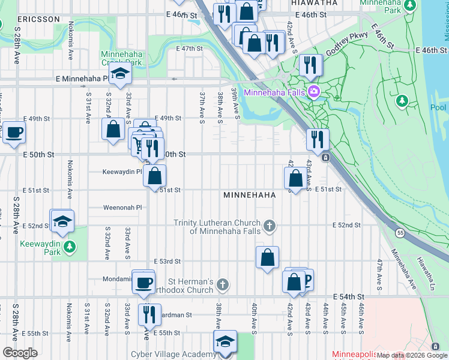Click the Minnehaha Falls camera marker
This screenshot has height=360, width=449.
click(313, 92)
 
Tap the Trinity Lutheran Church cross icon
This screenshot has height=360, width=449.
click(270, 226)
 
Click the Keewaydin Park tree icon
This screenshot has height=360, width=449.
click(70, 246)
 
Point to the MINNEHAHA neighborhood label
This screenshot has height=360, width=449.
click(249, 196)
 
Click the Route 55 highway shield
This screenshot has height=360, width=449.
click(399, 232)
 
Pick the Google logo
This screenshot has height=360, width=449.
click(20, 353)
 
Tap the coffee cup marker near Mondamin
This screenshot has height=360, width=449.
click(143, 282)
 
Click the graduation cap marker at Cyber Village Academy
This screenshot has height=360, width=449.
click(225, 343)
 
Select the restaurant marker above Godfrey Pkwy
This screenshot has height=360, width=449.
click(310, 65)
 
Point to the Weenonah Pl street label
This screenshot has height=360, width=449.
click(122, 208)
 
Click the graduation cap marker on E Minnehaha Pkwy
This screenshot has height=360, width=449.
click(121, 75)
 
